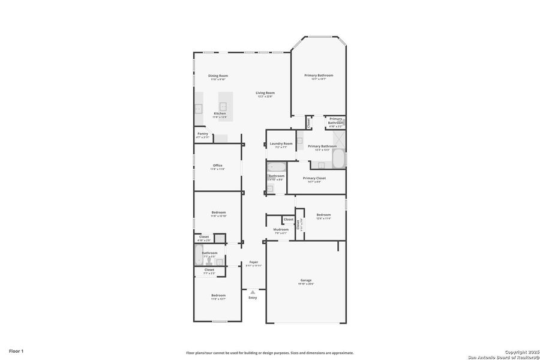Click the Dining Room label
pos(218,76)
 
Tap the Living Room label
pos(265,92)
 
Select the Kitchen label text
pos(220,113)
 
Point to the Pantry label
pos(202,134)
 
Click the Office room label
pos(217,166)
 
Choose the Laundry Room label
pos(281,143)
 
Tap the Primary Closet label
pos(314,178)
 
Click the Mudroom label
pos(281,229)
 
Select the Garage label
pos(306,280)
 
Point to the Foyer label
pos(254,262)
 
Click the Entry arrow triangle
pos(253,292)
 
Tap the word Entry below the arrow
pos(253,298)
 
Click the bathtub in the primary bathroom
pos(338,160)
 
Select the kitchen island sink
pos(223,106)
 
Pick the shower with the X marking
pos(337,139)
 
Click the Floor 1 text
pos(16,350)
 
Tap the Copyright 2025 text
pos(519,351)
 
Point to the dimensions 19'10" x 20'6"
pos(306,284)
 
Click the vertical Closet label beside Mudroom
pos(298,225)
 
